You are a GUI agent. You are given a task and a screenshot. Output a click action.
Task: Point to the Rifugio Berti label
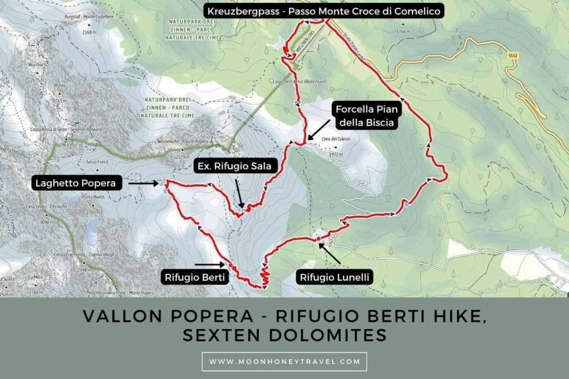coord(194,276)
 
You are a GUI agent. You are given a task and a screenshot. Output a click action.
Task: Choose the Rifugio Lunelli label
coord(334,276)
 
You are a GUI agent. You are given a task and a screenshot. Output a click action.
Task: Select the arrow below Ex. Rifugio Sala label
coord(240,197)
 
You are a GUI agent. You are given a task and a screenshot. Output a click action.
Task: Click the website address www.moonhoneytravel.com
coord(284,362)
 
